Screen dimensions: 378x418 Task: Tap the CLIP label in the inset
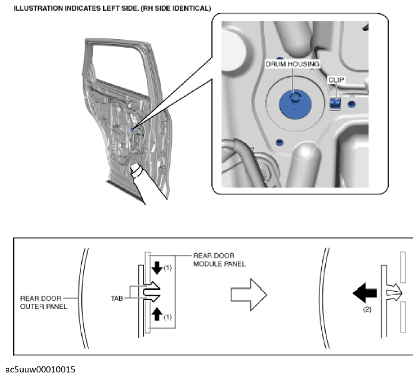coord(335,81)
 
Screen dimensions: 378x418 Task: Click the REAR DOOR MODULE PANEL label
coord(219,259)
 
